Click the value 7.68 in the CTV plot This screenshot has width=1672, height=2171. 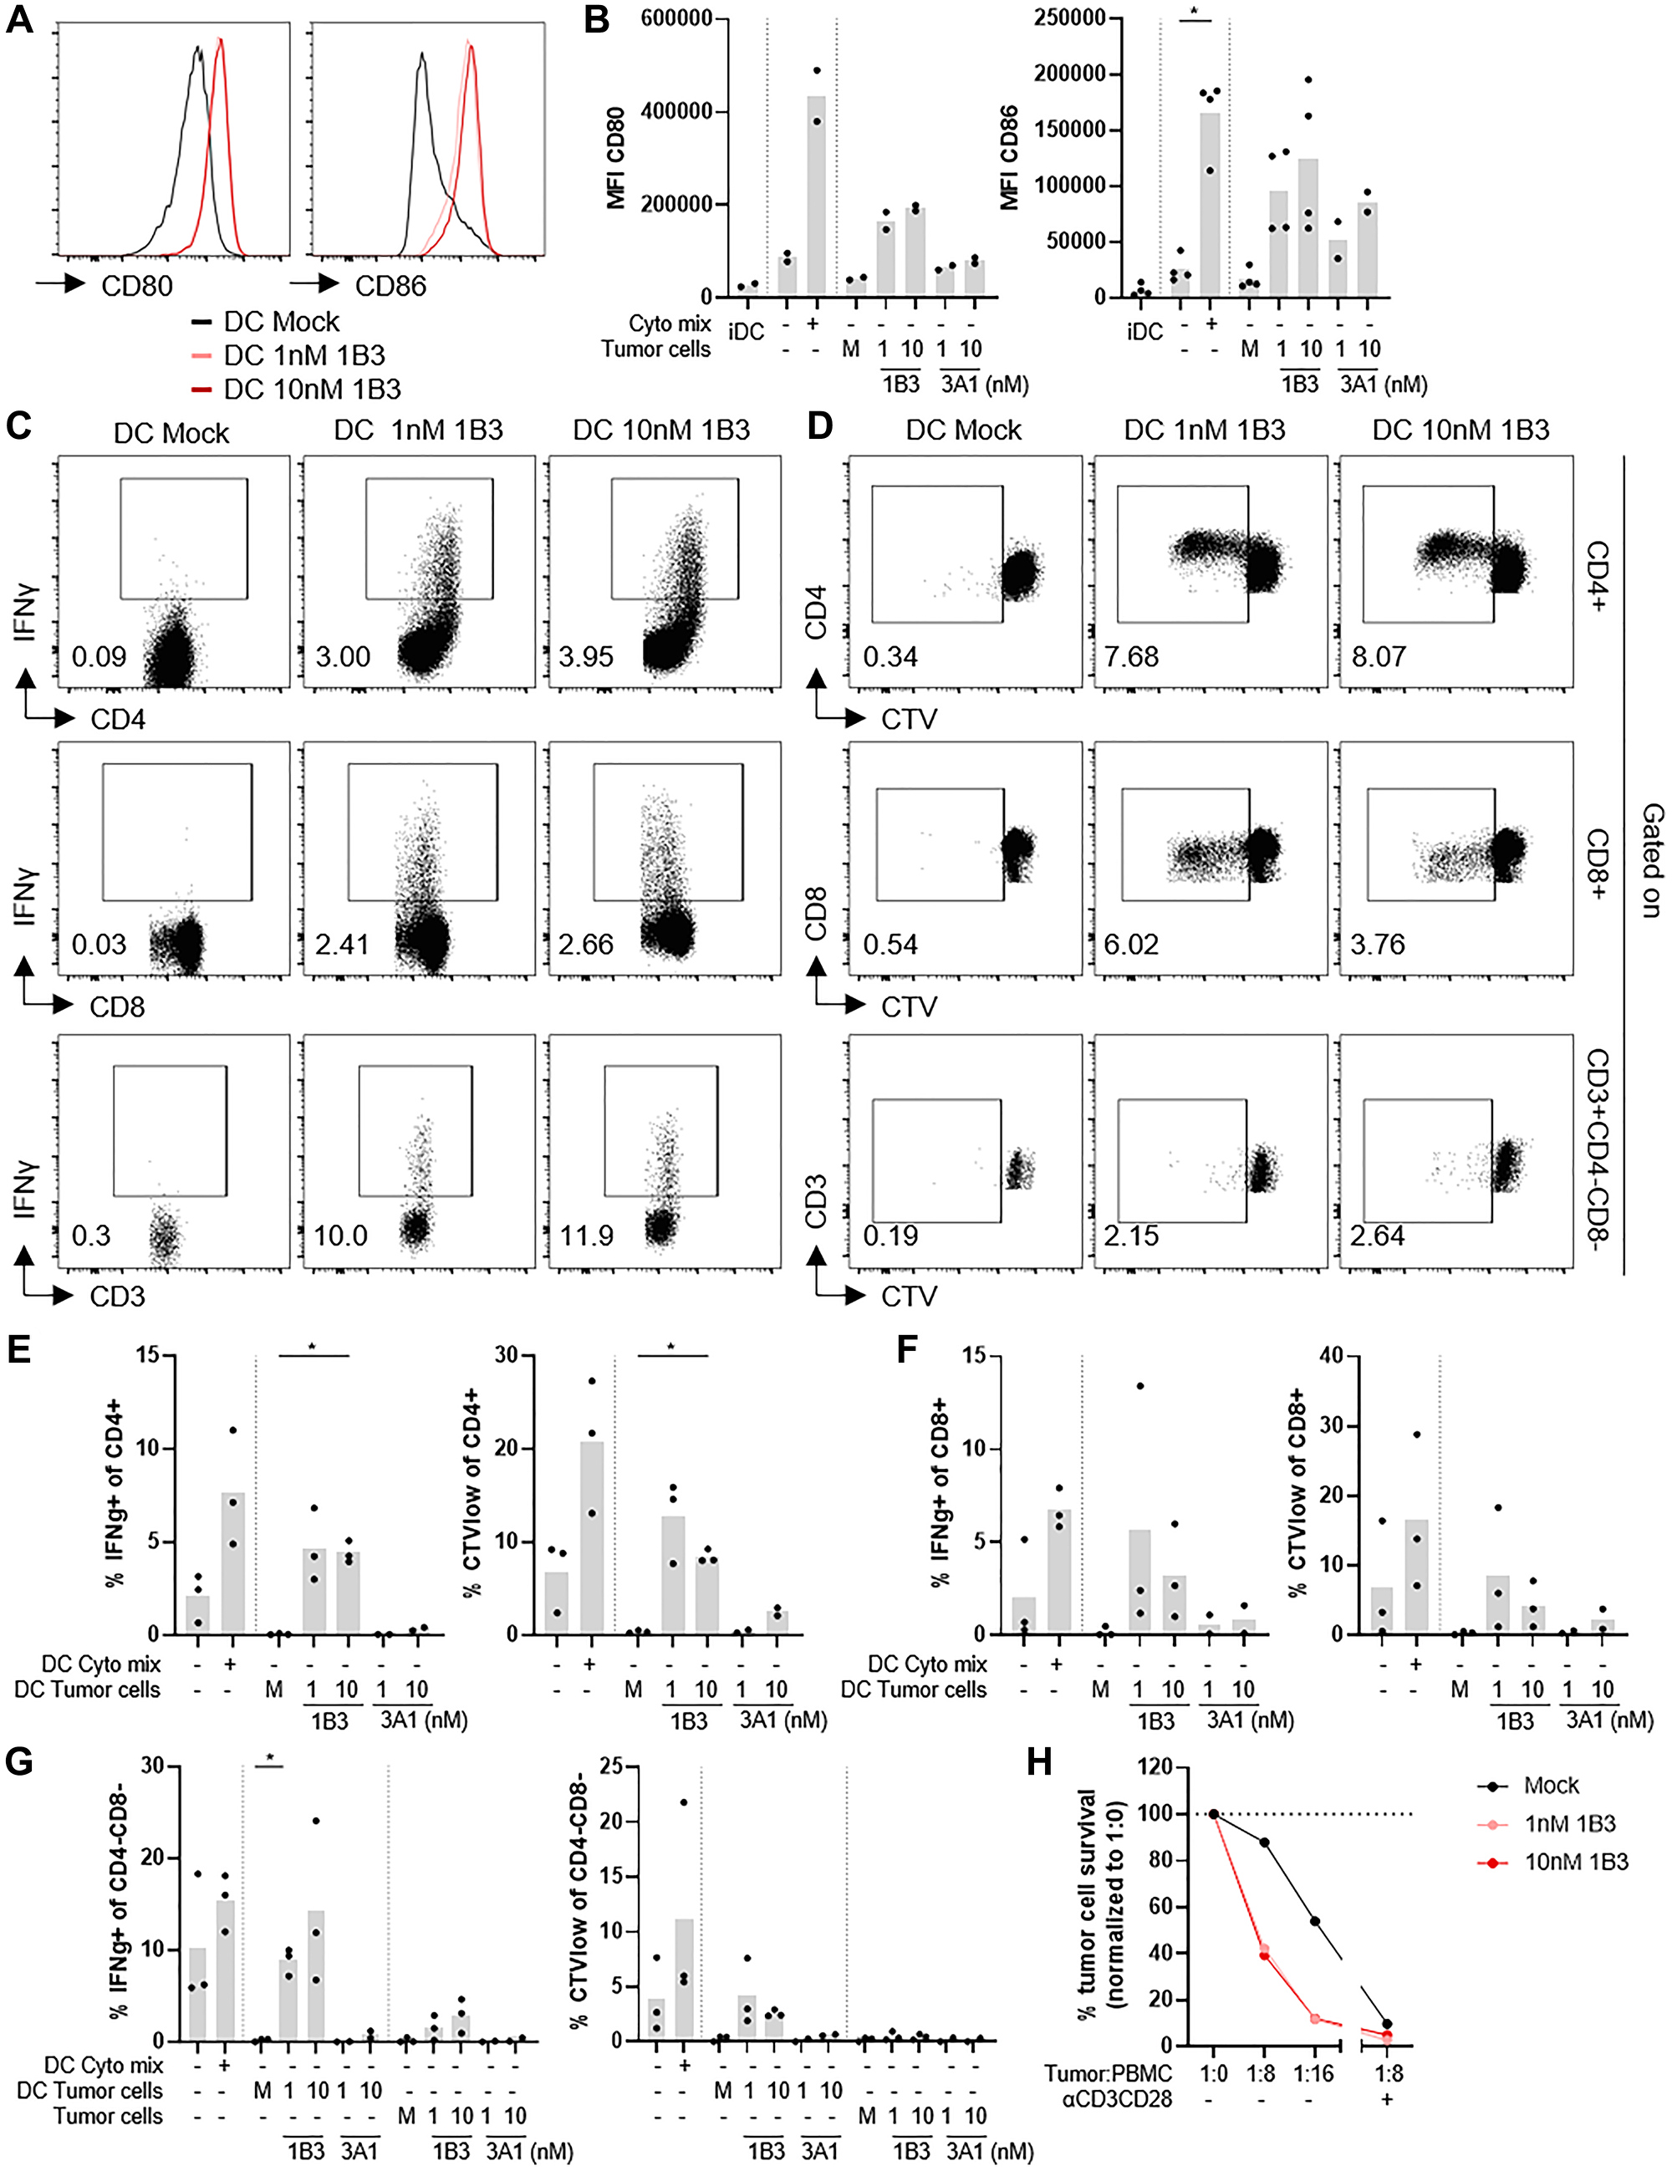tap(1131, 657)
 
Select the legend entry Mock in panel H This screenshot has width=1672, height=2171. tap(1550, 1786)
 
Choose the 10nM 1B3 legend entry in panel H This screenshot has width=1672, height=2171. tap(1576, 1862)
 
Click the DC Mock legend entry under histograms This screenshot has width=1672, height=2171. tap(282, 322)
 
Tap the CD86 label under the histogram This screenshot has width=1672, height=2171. tap(390, 286)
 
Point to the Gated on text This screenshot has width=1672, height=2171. tap(1650, 860)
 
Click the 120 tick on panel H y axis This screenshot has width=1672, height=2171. tap(1153, 1768)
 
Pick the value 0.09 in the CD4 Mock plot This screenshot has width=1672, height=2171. tap(99, 657)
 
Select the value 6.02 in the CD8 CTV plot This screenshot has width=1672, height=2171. tap(1131, 945)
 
